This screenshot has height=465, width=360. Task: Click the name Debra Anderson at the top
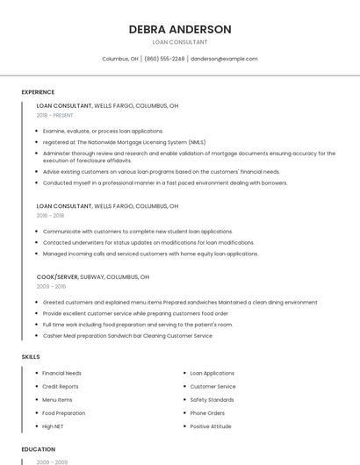coord(180,29)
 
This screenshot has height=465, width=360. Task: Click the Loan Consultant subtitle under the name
coord(180,42)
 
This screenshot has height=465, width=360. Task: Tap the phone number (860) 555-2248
coord(164,59)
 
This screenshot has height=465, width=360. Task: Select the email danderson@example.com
coord(224,59)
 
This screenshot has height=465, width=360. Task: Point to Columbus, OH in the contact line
coord(120,59)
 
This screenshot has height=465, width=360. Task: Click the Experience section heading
coord(38,92)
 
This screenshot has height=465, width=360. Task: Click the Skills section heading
coord(31,357)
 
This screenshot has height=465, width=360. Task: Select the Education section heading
coord(39,449)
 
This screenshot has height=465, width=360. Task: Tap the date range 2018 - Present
coord(55,116)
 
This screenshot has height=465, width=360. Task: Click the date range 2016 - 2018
coord(50,215)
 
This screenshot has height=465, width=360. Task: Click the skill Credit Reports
coord(61,386)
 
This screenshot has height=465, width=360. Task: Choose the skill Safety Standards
coord(212,399)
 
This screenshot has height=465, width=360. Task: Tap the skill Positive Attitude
coord(211,426)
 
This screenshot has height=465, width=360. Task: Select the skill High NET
coord(53,426)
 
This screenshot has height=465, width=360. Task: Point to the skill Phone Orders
coord(207,413)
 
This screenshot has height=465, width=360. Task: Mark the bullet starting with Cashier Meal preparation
coord(127,335)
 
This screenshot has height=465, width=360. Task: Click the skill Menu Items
coord(58,399)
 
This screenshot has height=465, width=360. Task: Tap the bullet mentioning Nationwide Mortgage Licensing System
coord(124,142)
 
